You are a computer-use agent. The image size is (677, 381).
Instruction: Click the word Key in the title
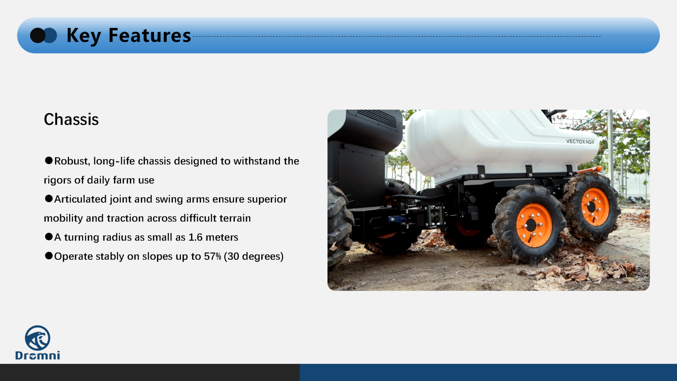coord(84,36)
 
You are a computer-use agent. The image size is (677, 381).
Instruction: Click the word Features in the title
coord(150,35)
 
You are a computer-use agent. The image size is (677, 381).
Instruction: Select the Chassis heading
coord(71,119)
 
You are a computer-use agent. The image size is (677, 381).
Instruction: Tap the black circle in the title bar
coord(37,36)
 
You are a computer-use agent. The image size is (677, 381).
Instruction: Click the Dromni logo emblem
coord(37,338)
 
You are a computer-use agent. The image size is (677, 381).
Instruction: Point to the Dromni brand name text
coord(38,355)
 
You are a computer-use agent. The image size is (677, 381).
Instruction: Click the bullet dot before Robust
coord(49,161)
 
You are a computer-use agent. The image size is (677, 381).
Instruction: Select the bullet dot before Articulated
coord(49,199)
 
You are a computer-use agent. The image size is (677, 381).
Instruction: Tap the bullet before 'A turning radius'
coord(49,237)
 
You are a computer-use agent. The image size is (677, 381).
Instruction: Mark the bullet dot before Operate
coord(49,256)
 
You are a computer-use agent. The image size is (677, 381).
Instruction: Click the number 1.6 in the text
coord(195,237)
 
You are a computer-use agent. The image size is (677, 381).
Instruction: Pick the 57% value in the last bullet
coord(212,256)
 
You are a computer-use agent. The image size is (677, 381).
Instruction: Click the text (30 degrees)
coord(254,256)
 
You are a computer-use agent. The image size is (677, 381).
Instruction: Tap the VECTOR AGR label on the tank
coord(580,141)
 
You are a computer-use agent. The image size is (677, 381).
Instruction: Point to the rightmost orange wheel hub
coord(595,206)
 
